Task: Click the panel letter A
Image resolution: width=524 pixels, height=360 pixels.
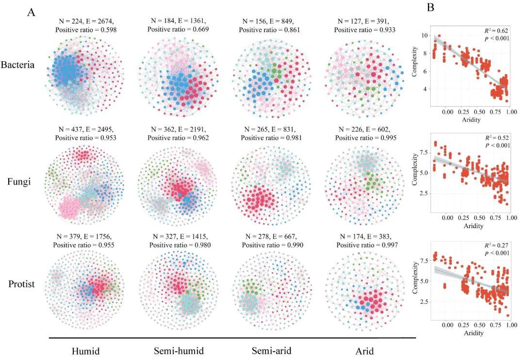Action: pos(31,13)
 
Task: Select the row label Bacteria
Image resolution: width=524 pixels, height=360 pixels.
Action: pos(18,65)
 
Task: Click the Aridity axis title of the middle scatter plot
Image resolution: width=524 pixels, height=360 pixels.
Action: pos(473,226)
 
